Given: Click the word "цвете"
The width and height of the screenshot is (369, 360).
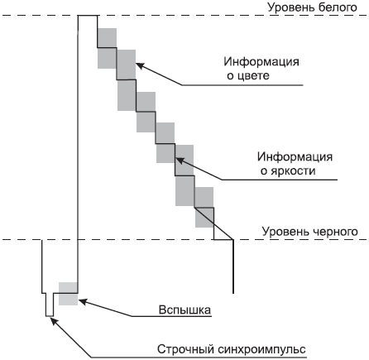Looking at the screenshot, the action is [x=254, y=75].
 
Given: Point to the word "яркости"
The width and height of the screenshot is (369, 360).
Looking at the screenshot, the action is [x=293, y=171].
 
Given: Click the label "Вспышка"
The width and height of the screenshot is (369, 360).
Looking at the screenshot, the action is [x=184, y=310].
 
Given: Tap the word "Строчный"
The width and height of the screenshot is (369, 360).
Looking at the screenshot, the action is [x=186, y=349].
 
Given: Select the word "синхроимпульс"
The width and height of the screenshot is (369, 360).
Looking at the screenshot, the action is [x=261, y=349].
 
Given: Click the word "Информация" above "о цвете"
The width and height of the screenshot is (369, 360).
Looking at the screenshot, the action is [x=261, y=61].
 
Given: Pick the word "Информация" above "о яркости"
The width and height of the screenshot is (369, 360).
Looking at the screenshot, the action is [x=295, y=156].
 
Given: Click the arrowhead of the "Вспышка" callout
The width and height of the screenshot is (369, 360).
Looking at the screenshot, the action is [x=82, y=301].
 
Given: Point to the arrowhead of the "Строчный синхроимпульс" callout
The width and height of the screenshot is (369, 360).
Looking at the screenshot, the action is [x=55, y=321].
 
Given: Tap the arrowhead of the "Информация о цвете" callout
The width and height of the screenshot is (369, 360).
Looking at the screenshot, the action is [x=140, y=65].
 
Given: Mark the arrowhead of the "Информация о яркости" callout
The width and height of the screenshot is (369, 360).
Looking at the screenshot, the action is [x=180, y=160].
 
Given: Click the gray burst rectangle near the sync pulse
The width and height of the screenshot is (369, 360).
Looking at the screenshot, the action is [x=68, y=294].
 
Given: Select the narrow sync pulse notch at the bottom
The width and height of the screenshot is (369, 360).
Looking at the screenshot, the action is [x=50, y=305].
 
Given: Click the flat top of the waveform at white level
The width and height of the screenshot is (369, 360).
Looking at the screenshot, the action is [x=88, y=16].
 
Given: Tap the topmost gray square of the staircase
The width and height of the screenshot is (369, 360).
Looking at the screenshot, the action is [x=107, y=38].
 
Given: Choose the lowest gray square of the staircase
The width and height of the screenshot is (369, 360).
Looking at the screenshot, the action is [x=204, y=218].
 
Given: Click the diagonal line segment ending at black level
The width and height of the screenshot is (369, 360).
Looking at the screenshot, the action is [x=214, y=223].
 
